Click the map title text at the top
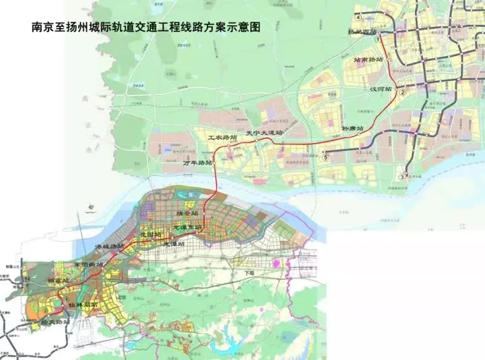[145, 28]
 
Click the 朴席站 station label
[352, 127]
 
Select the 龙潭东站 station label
[187, 227]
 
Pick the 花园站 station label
[150, 234]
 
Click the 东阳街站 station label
[88, 265]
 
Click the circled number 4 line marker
[358, 17]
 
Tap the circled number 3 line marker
[402, 177]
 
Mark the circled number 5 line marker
[325, 158]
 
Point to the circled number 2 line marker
[402, 92]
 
